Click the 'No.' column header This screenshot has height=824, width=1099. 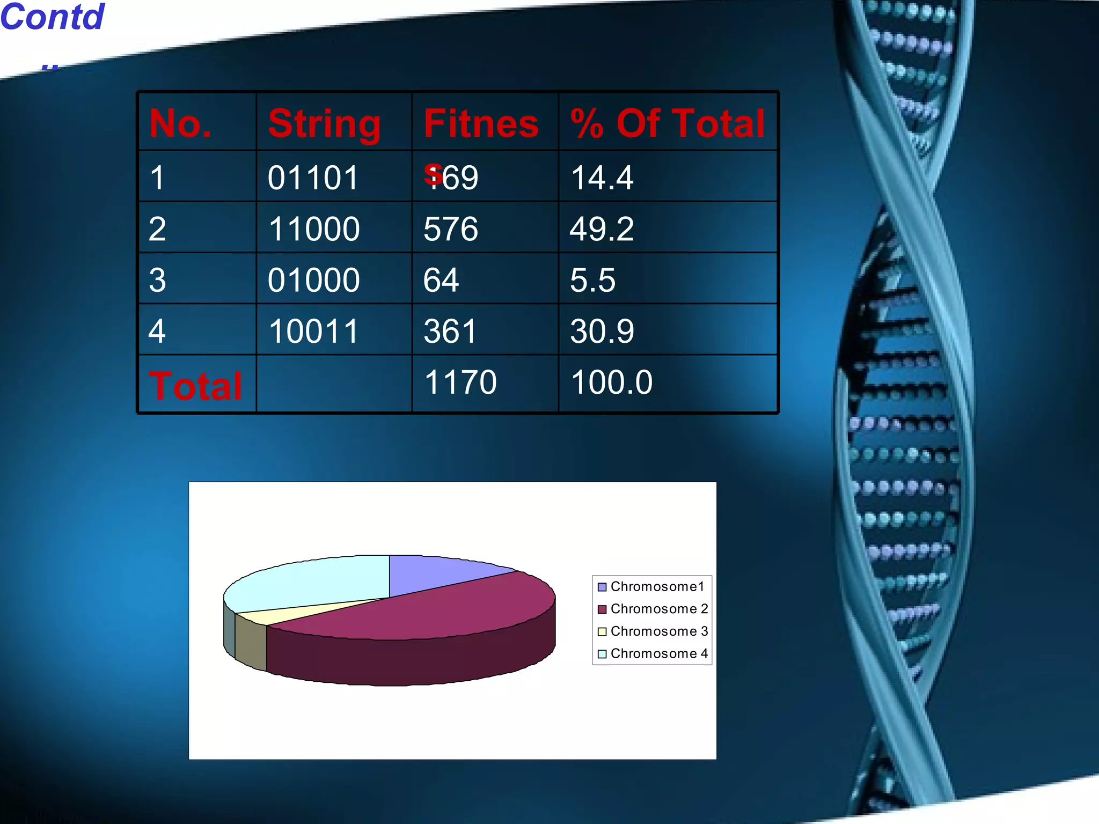180,123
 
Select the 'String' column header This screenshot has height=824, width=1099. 324,124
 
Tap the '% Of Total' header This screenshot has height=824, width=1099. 668,123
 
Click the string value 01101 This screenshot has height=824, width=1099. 313,178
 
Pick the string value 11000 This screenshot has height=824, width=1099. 314,229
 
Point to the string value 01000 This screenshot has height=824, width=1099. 314,280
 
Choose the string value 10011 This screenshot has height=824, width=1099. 313,331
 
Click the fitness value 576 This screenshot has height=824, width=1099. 451,229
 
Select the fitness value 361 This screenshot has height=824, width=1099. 450,331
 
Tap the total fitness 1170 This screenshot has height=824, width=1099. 460,382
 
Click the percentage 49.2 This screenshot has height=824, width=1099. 602,229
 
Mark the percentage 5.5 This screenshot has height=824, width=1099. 592,280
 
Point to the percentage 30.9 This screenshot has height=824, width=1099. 602,331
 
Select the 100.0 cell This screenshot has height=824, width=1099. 611,382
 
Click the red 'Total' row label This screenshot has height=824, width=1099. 196,386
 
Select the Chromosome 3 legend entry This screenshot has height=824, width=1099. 653,631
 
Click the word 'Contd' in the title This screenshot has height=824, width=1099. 52,17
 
